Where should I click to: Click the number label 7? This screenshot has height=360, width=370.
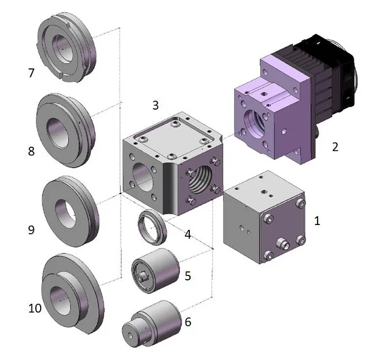[31, 73]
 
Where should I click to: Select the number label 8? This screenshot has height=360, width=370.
[31, 151]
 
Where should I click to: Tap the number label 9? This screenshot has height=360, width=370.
[31, 229]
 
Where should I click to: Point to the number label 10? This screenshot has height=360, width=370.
[35, 307]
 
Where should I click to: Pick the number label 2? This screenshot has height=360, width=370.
[335, 147]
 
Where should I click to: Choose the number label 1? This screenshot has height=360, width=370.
[318, 220]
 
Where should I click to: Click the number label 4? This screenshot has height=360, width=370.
[187, 234]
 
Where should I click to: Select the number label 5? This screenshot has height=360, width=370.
[188, 275]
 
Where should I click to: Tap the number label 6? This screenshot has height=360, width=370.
[188, 322]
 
